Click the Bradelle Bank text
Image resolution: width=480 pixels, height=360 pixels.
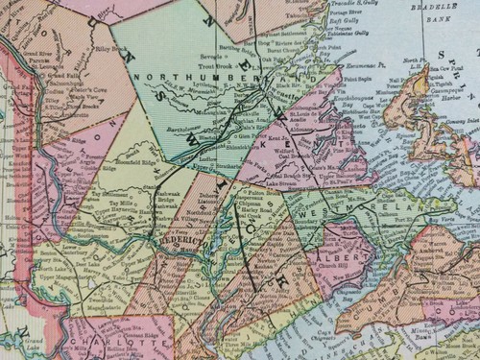(443, 15)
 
